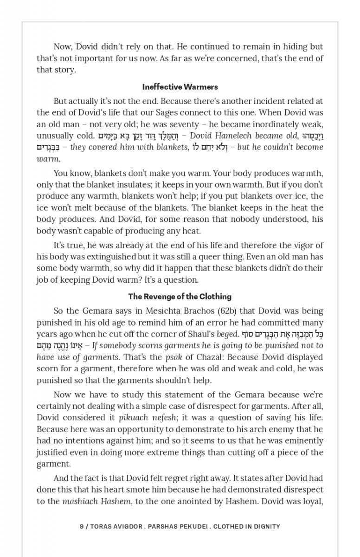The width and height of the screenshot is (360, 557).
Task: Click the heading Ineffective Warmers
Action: pyautogui.click(x=180, y=87)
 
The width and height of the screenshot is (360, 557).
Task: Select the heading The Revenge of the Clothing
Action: pyautogui.click(x=180, y=297)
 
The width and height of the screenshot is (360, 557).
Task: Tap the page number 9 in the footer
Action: pyautogui.click(x=82, y=526)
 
